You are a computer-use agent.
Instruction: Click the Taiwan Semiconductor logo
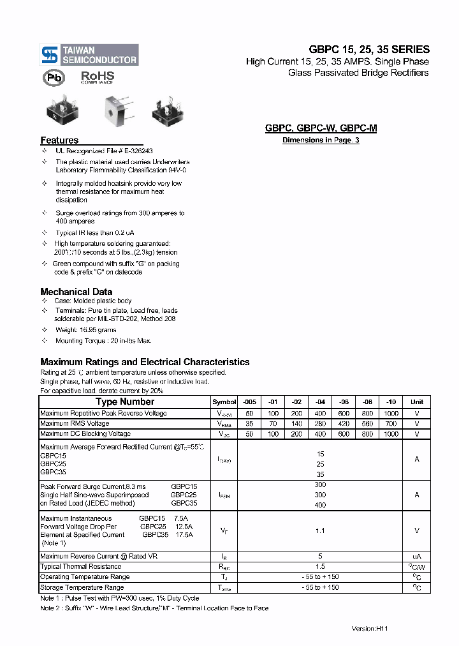pos(89,55)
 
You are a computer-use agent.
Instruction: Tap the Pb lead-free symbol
pos(54,78)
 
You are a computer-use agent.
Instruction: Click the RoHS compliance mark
pos(97,77)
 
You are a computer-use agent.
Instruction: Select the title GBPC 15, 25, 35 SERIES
pos(369,49)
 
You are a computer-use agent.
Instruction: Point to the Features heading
pos(59,140)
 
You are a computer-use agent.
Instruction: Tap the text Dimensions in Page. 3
pos(321,140)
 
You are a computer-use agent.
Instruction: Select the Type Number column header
pos(124,402)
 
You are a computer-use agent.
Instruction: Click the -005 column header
pos(249,402)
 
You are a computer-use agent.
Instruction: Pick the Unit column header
pos(416,402)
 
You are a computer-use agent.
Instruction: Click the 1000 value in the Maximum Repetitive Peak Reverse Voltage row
pos(391,414)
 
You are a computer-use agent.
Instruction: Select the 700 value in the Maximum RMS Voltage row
pos(391,424)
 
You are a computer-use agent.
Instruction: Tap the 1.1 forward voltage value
pos(320,530)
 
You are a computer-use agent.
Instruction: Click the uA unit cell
pos(416,557)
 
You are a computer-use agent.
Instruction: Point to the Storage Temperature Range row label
pos(82,587)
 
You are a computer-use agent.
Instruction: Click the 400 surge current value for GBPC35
pos(320,505)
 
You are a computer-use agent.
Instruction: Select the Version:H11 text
pos(370,629)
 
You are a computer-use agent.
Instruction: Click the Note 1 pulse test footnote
pos(119,598)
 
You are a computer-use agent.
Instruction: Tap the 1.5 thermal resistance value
pos(320,567)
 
